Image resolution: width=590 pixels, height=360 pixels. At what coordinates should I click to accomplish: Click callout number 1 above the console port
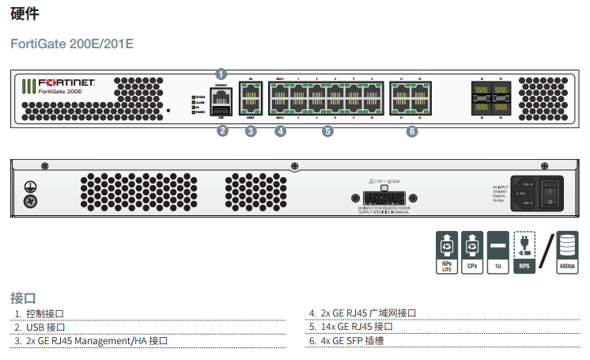pyautogui.click(x=221, y=74)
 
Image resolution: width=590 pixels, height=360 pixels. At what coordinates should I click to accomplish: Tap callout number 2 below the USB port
pyautogui.click(x=222, y=131)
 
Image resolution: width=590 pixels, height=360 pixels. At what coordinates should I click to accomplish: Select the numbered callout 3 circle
pyautogui.click(x=251, y=131)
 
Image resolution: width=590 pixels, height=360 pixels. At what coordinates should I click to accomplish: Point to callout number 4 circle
pyautogui.click(x=280, y=131)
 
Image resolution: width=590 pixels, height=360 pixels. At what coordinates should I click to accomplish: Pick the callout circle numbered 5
pyautogui.click(x=328, y=131)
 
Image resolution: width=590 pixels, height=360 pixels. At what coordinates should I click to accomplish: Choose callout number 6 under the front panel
pyautogui.click(x=411, y=131)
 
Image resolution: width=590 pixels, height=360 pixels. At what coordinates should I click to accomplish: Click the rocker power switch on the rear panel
pyautogui.click(x=551, y=191)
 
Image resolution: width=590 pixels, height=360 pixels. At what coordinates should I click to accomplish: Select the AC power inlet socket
pyautogui.click(x=525, y=191)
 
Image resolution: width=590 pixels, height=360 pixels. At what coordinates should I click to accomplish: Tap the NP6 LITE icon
pyautogui.click(x=446, y=252)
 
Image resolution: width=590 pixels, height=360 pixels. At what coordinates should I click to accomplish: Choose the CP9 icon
pyautogui.click(x=471, y=252)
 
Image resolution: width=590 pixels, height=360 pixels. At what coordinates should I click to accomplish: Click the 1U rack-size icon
pyautogui.click(x=497, y=252)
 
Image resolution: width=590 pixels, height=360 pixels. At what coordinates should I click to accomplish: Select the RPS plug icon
pyautogui.click(x=524, y=252)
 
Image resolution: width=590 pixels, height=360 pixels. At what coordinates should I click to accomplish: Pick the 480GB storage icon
pyautogui.click(x=567, y=252)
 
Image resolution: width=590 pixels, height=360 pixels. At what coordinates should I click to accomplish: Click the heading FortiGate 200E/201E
pyautogui.click(x=72, y=44)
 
